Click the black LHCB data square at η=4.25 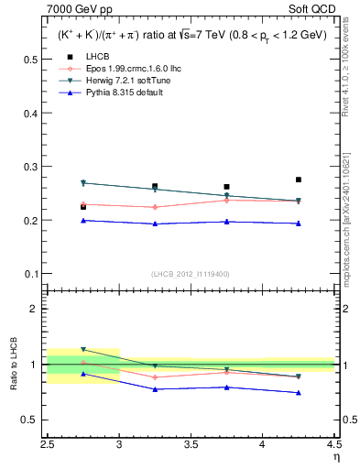point(299,180)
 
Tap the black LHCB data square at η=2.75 point(83,207)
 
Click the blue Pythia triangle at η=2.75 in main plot point(83,220)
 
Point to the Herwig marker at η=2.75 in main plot point(83,183)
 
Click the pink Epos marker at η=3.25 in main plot point(155,207)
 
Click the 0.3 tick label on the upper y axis point(30,167)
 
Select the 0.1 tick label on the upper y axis point(30,274)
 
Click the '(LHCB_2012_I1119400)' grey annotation point(191,274)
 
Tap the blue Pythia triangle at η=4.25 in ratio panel point(299,393)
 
